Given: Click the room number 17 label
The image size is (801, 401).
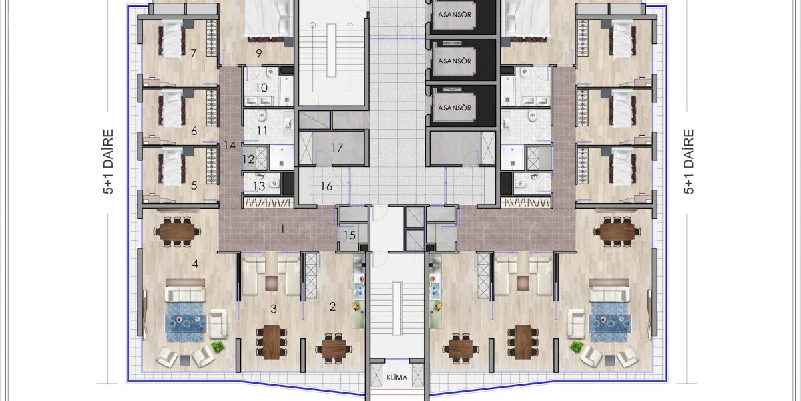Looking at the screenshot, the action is [x=337, y=148].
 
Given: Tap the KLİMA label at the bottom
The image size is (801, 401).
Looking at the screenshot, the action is [x=397, y=378].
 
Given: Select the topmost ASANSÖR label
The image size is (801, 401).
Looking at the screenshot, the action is [x=455, y=15].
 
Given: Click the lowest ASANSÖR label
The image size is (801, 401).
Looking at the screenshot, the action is [x=455, y=108].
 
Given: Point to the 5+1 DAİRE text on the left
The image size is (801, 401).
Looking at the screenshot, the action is [x=108, y=162].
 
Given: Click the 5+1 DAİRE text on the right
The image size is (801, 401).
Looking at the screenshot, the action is [x=688, y=162].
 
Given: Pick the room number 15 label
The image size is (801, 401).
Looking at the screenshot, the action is [x=350, y=235].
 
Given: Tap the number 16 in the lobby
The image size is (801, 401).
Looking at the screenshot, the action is [x=326, y=186].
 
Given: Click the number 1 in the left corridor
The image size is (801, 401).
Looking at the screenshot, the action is [x=282, y=229].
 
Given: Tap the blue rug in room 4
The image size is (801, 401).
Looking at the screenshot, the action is [x=186, y=322].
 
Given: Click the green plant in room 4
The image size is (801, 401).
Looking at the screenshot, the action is [x=218, y=346].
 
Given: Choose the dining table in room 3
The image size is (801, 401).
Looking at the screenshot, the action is [x=272, y=342].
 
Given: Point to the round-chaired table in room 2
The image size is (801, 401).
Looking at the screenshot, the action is [x=334, y=348].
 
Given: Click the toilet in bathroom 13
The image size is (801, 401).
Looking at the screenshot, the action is [x=274, y=184].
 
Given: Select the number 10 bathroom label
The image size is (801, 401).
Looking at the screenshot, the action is [x=262, y=88].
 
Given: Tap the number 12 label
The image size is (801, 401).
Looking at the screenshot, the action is [x=248, y=159].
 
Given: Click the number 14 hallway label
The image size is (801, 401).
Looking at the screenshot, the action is [x=230, y=146].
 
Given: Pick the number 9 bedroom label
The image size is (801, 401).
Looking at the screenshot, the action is [x=259, y=53].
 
